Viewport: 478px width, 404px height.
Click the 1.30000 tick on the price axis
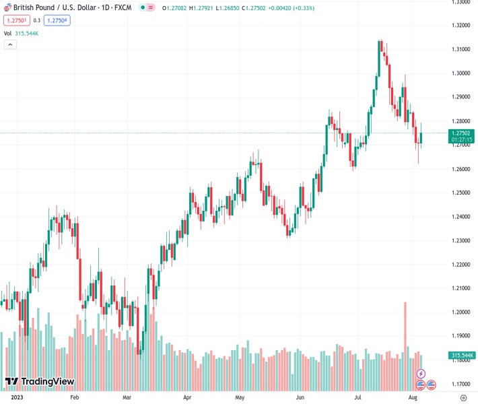[x=461, y=73]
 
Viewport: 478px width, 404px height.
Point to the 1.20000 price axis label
[x=461, y=312]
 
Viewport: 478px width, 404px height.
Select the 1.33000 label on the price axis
[x=461, y=2]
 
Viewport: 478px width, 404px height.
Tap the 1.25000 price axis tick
[x=461, y=193]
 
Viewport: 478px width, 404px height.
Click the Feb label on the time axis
[x=75, y=397]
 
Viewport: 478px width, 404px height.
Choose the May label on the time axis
[x=240, y=397]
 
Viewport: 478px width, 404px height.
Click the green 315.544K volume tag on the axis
[x=461, y=355]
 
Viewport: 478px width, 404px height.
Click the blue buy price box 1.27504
[x=57, y=20]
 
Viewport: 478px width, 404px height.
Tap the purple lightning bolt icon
[x=421, y=373]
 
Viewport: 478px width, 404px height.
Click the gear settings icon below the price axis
[x=463, y=397]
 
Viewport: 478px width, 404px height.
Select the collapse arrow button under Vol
[x=10, y=44]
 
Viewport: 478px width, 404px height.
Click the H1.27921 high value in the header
[x=201, y=8]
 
